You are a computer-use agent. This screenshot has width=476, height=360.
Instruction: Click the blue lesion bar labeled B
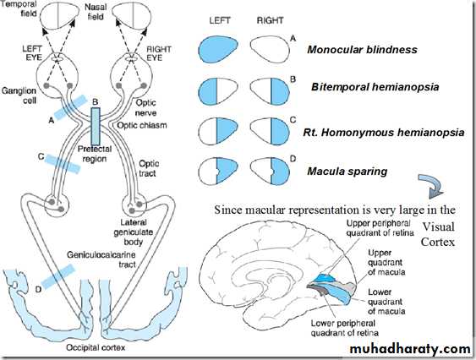[96, 126]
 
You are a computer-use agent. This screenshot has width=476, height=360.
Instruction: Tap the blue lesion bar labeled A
[71, 106]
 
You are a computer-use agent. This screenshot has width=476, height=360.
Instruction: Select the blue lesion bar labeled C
[63, 164]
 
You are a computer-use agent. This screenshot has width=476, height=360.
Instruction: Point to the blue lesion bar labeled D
[57, 276]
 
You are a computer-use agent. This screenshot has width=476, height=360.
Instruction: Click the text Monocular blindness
[362, 50]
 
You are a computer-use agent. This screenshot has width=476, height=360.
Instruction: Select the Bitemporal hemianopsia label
[375, 87]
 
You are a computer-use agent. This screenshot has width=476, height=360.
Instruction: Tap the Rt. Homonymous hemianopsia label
[384, 133]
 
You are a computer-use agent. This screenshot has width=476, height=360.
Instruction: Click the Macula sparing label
[347, 172]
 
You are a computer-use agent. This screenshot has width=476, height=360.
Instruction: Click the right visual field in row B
[270, 91]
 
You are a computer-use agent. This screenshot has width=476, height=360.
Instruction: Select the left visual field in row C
[218, 131]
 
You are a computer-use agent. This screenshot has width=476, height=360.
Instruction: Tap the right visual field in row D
[270, 171]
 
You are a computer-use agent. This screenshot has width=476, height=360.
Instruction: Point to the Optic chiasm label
[142, 125]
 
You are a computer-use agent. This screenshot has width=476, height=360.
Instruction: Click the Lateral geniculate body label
[134, 232]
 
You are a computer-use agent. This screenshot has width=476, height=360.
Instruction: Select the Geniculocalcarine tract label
[101, 259]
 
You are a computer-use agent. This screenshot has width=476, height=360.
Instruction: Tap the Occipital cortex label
[96, 347]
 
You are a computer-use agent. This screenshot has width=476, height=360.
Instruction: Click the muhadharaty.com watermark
[410, 349]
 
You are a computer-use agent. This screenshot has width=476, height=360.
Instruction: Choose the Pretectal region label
[95, 154]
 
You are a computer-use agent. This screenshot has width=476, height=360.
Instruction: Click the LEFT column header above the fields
[220, 20]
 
